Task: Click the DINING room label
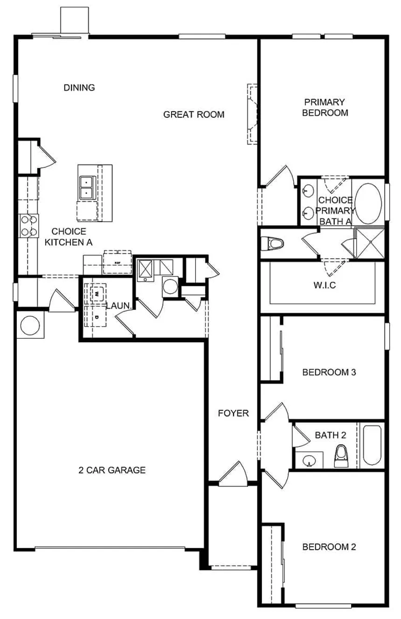click(79, 87)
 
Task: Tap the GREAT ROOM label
click(194, 114)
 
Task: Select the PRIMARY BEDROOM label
click(325, 107)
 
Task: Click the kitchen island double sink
click(87, 187)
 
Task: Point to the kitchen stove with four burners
click(29, 225)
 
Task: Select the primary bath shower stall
click(370, 242)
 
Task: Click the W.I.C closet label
click(325, 284)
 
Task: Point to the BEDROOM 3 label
click(329, 372)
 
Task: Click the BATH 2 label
click(330, 435)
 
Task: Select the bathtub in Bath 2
click(372, 445)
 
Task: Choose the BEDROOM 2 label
click(329, 547)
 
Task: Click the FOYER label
click(234, 413)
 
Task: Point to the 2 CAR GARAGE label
click(112, 470)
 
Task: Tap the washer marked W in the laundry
click(97, 294)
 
